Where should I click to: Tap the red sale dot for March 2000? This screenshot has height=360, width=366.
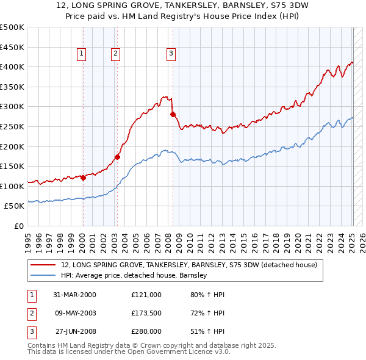pos(83,178)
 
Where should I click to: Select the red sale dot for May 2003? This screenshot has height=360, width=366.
pos(117,157)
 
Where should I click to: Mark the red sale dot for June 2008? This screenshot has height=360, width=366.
pos(173,114)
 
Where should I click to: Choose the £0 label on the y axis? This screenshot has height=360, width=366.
pos(18,226)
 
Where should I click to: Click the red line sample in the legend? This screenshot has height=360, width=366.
pos(43,265)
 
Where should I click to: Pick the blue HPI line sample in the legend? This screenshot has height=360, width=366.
pos(43,276)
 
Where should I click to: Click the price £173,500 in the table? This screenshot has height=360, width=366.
pos(146,313)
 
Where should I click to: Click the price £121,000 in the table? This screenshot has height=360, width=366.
pos(146,295)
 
